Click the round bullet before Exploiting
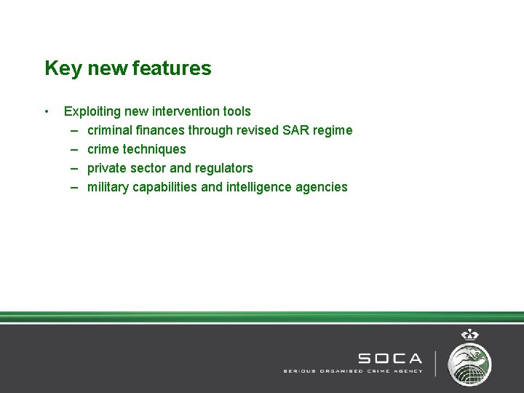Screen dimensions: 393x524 pos(47,111)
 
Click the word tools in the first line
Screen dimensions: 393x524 pos(237,111)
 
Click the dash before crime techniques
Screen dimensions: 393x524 pos(75,149)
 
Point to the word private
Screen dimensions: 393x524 pos(106,168)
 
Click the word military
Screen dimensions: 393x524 pos(108,187)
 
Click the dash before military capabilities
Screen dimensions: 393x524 pos(75,187)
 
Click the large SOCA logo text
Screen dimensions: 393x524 pos(389,358)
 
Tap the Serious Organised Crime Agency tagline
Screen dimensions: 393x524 pos(352,370)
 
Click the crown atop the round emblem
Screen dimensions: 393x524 pos(469,336)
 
